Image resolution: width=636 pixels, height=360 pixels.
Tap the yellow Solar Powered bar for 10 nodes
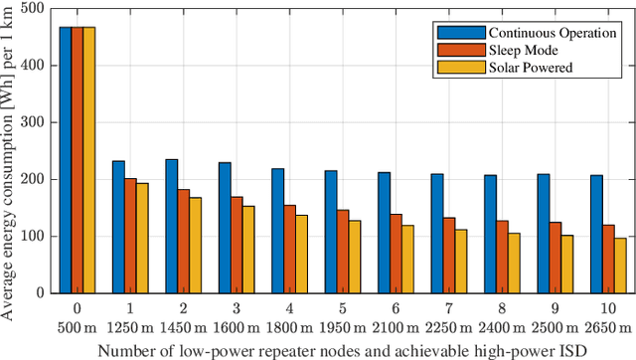tap(620, 266)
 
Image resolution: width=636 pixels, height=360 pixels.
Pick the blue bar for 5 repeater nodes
tap(331, 232)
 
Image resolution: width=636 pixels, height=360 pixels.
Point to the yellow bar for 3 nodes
tap(248, 250)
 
